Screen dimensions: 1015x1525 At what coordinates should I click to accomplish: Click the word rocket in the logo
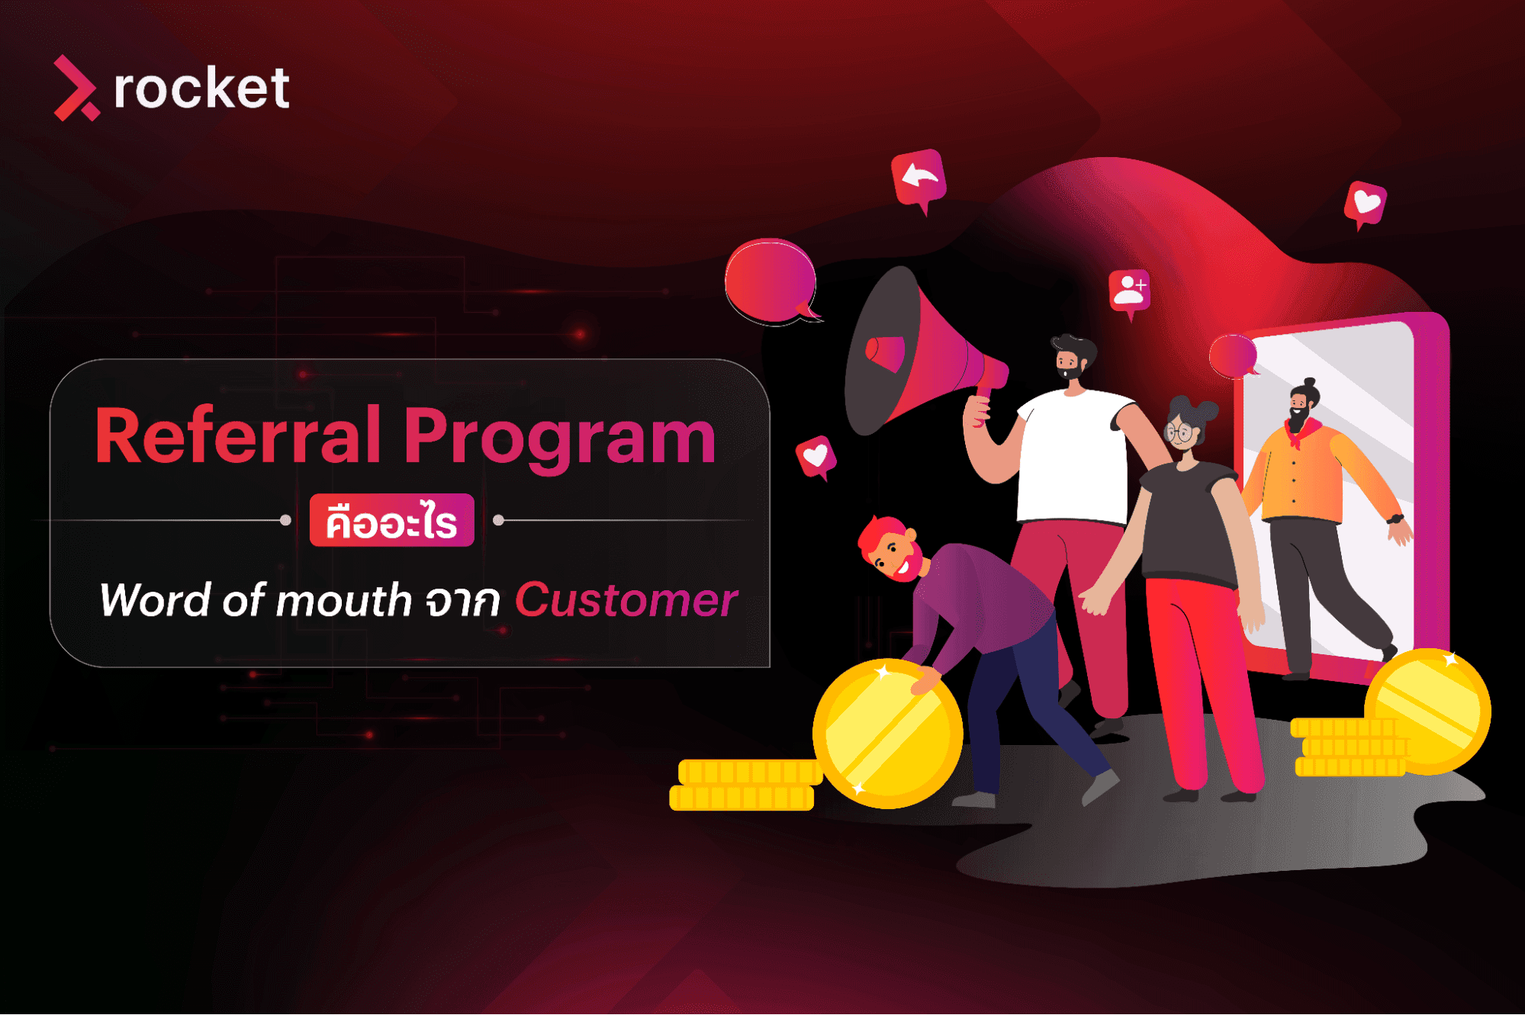(x=201, y=89)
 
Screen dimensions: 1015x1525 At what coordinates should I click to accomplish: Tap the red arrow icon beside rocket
(x=75, y=88)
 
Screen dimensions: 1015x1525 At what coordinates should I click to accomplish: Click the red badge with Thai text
(x=391, y=521)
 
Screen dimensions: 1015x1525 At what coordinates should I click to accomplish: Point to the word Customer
(x=626, y=600)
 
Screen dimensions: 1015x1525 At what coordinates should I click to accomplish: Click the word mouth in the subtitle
(x=343, y=601)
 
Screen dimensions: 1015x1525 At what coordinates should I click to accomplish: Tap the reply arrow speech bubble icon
(x=919, y=179)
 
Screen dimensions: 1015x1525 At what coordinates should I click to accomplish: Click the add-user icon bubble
(x=1129, y=291)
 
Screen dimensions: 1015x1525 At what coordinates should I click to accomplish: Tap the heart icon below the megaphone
(x=816, y=456)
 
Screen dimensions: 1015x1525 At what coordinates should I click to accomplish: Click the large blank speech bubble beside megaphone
(x=771, y=281)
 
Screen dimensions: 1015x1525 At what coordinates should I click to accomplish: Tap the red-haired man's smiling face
(x=894, y=553)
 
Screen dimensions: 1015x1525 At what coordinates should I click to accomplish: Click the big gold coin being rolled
(x=887, y=734)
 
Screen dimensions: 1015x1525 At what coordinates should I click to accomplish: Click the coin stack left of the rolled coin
(x=744, y=784)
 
